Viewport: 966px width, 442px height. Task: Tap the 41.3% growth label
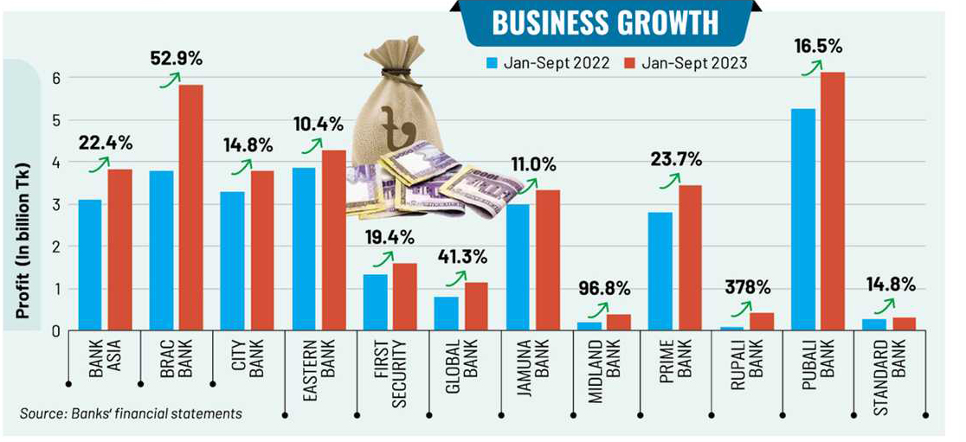click(x=462, y=256)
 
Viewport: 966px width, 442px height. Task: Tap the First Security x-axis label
click(x=391, y=371)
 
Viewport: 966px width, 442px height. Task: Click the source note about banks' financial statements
click(x=130, y=413)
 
